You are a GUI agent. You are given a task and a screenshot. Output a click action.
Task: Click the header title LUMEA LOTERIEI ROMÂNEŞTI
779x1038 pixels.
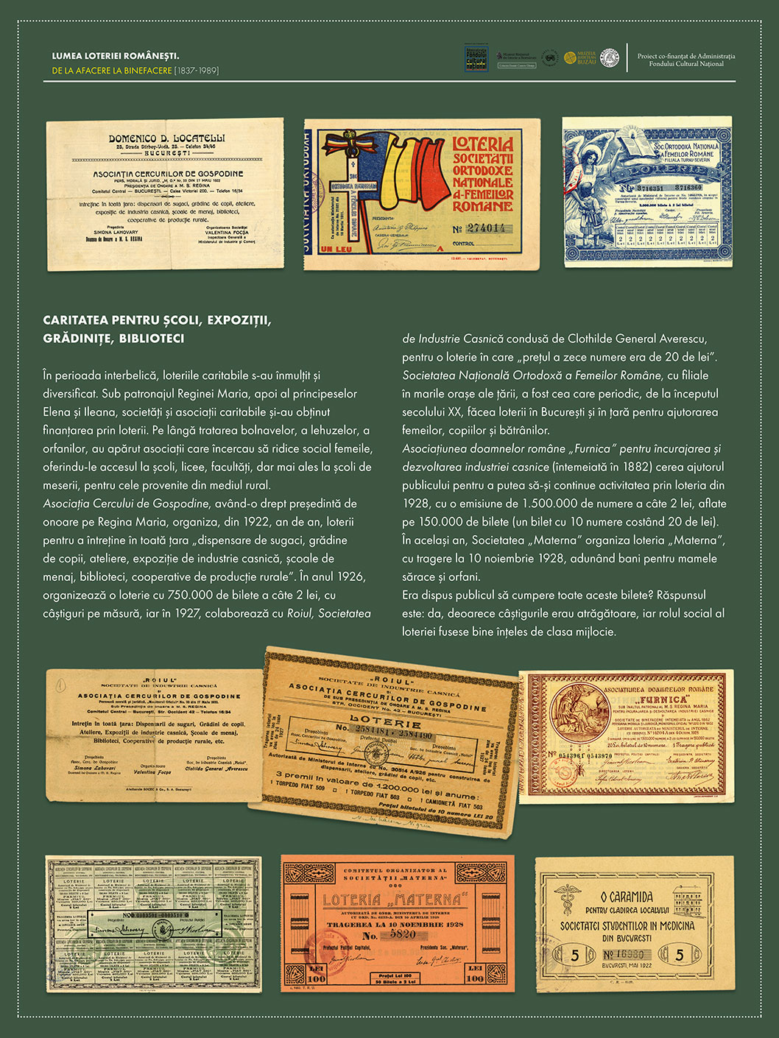click(x=116, y=56)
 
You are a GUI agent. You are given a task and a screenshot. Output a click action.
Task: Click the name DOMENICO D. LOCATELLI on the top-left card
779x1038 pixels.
click(x=166, y=138)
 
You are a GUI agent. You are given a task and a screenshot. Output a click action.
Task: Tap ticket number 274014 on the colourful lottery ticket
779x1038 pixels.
click(x=486, y=228)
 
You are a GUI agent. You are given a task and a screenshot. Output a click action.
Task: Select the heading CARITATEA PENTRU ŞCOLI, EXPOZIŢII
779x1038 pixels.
click(x=157, y=320)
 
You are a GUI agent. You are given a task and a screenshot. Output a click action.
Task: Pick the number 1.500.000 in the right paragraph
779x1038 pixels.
click(x=553, y=504)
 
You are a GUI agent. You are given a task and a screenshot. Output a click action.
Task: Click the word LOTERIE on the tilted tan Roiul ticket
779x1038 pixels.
click(x=375, y=719)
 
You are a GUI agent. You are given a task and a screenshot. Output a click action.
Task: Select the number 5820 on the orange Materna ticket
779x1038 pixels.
click(x=403, y=933)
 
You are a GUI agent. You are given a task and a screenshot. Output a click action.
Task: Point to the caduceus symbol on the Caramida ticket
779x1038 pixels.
click(x=566, y=898)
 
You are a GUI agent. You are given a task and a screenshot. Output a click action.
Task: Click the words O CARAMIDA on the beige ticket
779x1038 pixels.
click(x=627, y=897)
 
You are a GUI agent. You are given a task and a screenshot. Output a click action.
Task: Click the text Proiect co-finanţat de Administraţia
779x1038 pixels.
click(x=686, y=56)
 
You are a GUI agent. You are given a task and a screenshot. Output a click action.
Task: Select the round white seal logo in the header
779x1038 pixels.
click(x=610, y=57)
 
